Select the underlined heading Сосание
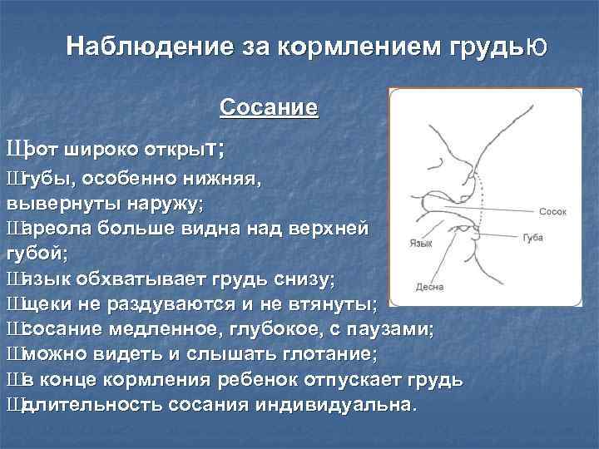(x=268, y=108)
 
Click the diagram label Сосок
(x=552, y=212)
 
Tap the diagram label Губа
(x=533, y=238)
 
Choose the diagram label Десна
(x=429, y=287)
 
